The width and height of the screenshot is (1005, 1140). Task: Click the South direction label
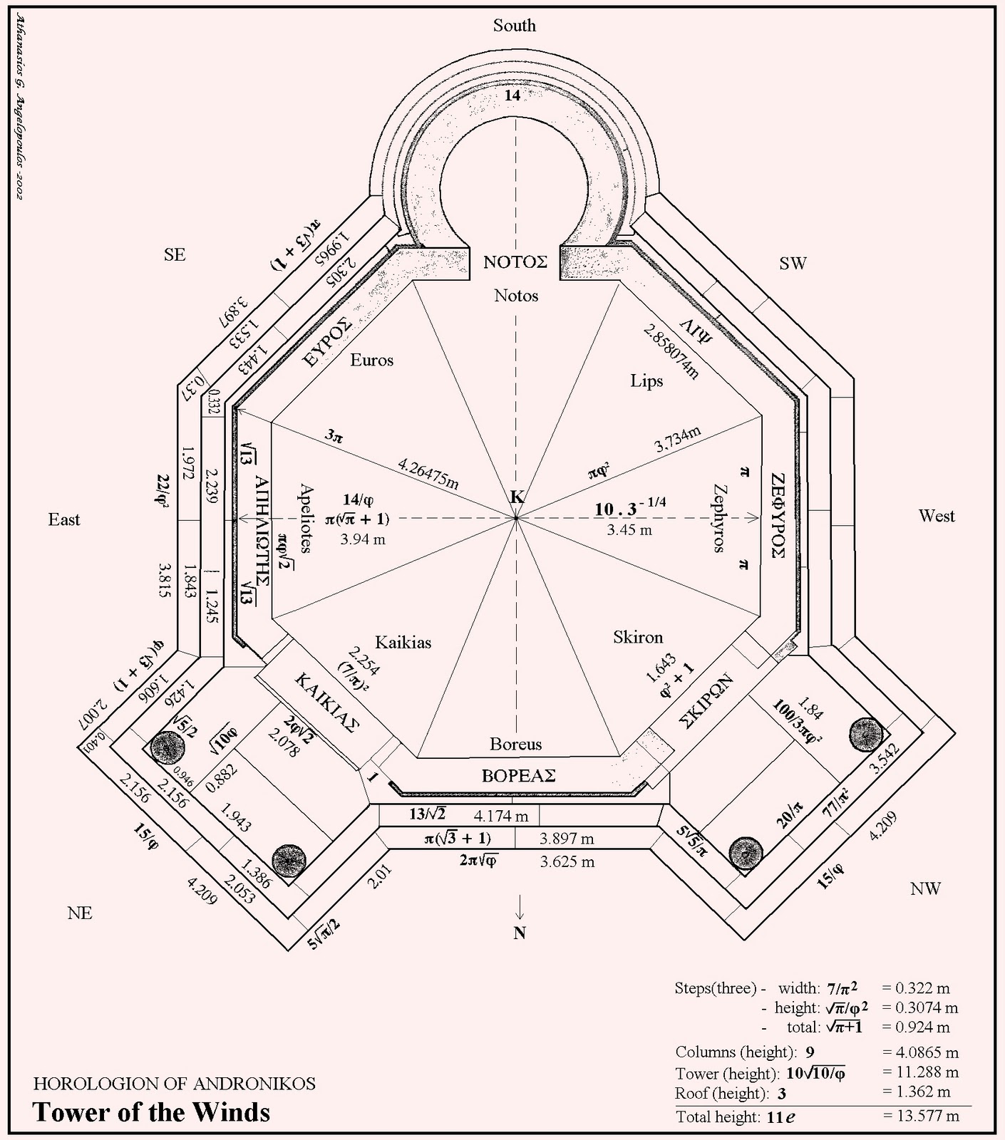point(514,26)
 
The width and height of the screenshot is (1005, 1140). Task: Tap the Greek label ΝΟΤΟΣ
point(515,261)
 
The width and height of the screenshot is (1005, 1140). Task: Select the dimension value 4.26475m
point(428,475)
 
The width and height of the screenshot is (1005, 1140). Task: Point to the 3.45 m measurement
point(629,530)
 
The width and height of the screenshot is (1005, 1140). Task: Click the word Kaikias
point(403,642)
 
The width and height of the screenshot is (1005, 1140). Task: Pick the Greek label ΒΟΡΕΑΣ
point(518,776)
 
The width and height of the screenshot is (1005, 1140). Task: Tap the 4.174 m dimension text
point(501,815)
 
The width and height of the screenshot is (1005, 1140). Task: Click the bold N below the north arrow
point(520,933)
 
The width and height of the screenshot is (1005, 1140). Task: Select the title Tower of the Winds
point(152,1112)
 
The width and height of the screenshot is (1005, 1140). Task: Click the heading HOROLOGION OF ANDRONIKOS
point(175,1084)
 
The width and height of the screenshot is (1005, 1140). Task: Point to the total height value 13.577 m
point(921,1116)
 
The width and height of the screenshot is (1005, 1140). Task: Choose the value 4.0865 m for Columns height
point(920,1052)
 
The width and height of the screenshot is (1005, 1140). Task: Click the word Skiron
point(638,636)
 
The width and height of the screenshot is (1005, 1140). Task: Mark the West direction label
point(936,516)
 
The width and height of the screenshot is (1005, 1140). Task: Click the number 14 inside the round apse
point(512,95)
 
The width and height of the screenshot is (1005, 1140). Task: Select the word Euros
point(372,360)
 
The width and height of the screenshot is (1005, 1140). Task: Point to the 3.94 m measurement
point(363,539)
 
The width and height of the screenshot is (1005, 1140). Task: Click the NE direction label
point(80,913)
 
